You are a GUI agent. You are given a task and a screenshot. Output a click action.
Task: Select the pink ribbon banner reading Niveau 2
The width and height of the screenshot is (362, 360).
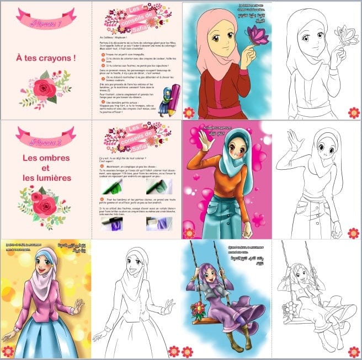point(45,134)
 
